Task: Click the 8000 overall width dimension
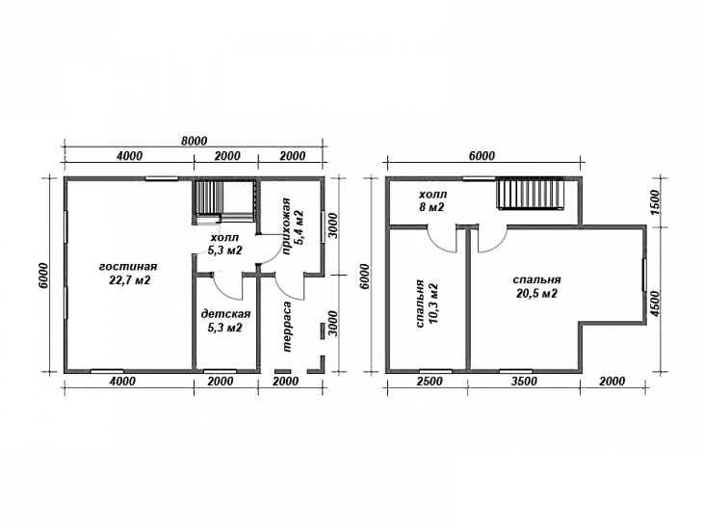point(194,141)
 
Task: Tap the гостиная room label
point(128,267)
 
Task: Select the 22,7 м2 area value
point(129,280)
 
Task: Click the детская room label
point(225,313)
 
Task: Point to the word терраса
point(287,327)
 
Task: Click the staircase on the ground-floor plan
point(223,201)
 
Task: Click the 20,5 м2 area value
point(536,294)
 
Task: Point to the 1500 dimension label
point(655,202)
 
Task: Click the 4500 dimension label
point(655,304)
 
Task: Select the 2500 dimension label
point(429,382)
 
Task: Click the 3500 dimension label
point(524,382)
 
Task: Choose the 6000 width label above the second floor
point(482,156)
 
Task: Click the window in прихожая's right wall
point(323,226)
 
